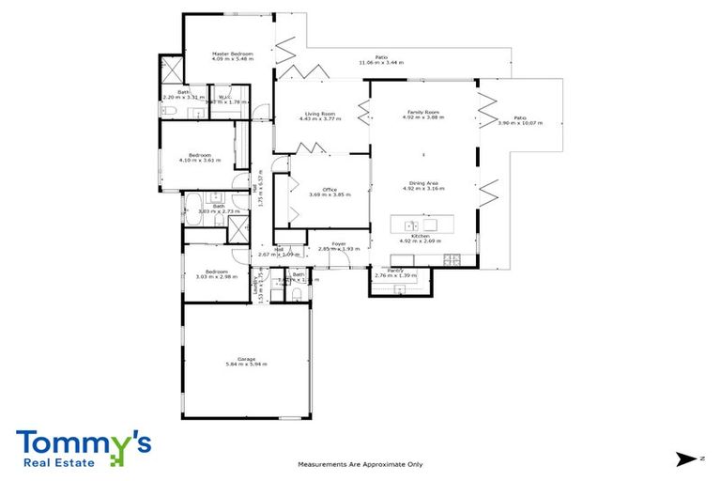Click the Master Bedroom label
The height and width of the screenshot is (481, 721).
tap(233, 54)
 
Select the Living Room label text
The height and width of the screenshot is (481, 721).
tap(318, 113)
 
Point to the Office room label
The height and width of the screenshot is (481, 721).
tap(330, 189)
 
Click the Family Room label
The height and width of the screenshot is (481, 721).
tap(421, 113)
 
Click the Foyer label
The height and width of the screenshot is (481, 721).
tap(338, 243)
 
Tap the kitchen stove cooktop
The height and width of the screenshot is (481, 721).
tap(452, 259)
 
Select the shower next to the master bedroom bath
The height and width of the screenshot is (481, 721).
tap(172, 72)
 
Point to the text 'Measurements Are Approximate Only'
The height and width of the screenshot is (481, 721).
tap(360, 464)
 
